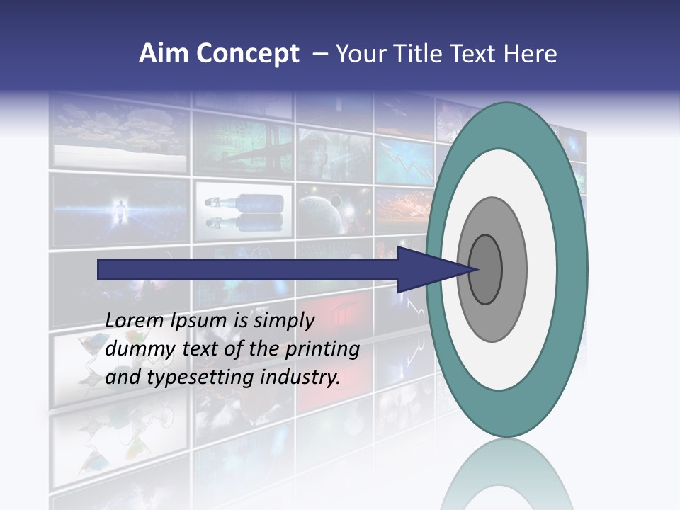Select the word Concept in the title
[248, 54]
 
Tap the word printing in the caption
[322, 348]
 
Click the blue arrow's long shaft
[248, 270]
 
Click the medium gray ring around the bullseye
[514, 270]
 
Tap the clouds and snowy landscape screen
[120, 135]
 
